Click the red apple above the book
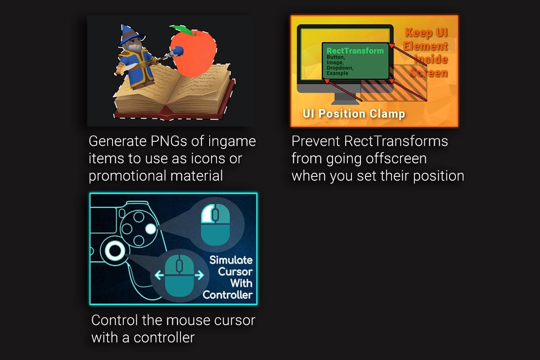click(193, 54)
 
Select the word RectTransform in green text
click(355, 51)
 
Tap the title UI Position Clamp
click(354, 114)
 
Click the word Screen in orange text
click(428, 72)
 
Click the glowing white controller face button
click(151, 229)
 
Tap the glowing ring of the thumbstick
click(115, 251)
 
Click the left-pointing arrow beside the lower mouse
click(159, 275)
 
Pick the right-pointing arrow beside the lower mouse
click(199, 275)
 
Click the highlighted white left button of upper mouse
click(207, 214)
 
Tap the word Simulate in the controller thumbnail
click(231, 260)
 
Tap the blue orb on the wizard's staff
click(178, 51)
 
